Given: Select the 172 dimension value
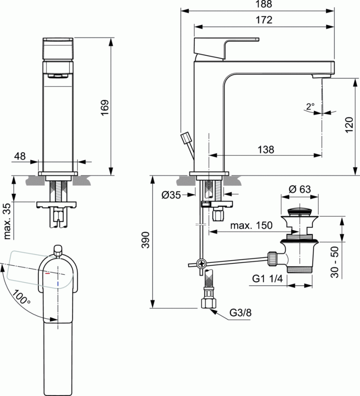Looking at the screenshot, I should tap(265, 20).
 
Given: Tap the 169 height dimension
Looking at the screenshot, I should tap(104, 108).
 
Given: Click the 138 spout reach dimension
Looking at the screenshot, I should tap(265, 150).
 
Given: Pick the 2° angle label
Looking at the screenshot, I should tap(310, 107).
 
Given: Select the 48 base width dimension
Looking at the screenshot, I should tap(20, 156).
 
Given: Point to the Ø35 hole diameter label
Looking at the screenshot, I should tap(171, 195).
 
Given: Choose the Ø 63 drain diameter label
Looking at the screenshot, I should tap(300, 189).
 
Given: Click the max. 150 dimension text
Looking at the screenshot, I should tap(251, 226).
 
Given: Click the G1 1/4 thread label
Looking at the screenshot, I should tap(266, 279).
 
